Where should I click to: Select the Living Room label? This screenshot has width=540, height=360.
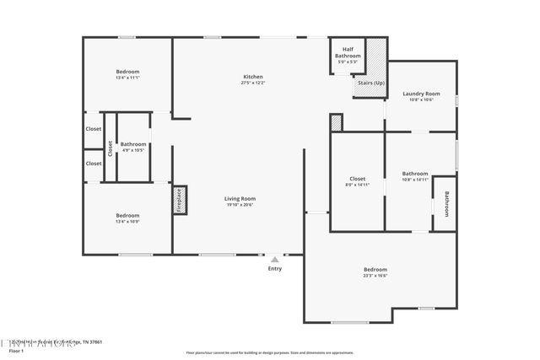tap(240, 198)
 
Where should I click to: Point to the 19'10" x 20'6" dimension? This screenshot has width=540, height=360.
tap(240, 205)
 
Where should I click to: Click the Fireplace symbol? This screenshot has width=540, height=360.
tap(179, 201)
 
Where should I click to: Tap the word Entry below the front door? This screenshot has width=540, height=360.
tap(275, 268)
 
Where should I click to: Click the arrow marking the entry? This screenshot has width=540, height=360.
tap(275, 260)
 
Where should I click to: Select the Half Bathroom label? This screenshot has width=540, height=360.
tap(348, 53)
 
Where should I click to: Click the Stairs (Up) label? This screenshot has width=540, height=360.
tap(371, 83)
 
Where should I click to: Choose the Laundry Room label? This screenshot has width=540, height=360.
tap(421, 94)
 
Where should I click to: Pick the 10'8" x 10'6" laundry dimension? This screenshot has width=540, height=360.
tap(421, 99)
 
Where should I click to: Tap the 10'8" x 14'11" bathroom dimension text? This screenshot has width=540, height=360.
tap(415, 180)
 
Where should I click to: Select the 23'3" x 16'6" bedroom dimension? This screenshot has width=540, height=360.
tap(375, 276)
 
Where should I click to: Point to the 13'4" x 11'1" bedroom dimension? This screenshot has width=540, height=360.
tap(127, 78)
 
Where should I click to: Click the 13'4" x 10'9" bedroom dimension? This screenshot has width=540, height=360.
tap(127, 222)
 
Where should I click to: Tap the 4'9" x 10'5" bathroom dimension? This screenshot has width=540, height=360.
tap(132, 150)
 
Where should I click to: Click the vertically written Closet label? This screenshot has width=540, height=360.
tap(110, 148)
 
